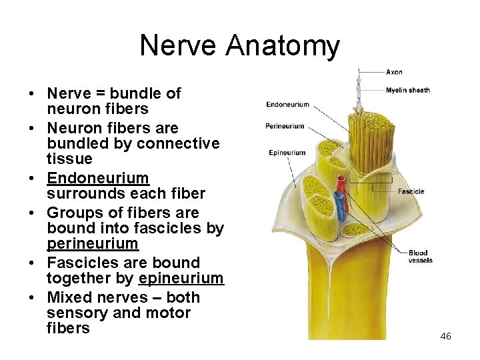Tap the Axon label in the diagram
[394, 72]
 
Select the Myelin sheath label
[407, 90]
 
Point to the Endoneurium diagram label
[288, 105]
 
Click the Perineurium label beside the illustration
[285, 126]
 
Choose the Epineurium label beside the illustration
[287, 153]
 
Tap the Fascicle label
[411, 192]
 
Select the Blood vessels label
[419, 257]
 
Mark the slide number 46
[445, 336]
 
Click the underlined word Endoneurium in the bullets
[98, 178]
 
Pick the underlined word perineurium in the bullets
[93, 244]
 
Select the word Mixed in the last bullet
[70, 297]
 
